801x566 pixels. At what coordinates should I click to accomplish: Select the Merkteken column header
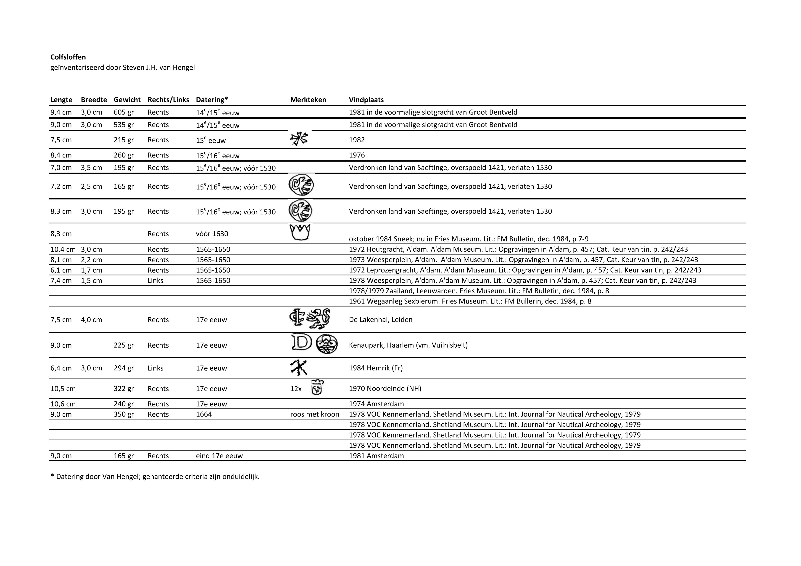[308, 100]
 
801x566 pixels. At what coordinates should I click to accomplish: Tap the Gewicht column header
[127, 100]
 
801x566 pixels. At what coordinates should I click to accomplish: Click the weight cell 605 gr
[124, 112]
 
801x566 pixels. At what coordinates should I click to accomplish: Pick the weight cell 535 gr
[124, 125]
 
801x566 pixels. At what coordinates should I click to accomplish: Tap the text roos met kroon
[314, 414]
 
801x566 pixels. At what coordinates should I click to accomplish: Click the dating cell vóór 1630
[212, 234]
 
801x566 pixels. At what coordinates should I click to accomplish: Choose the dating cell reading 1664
[204, 414]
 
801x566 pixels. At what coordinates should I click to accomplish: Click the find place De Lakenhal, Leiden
[380, 320]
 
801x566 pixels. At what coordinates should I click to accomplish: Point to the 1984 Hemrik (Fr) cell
[376, 368]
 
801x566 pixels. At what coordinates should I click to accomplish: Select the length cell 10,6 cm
[63, 404]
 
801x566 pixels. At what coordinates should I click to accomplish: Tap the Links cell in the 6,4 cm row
[155, 368]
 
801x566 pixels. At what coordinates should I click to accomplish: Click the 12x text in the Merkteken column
[296, 389]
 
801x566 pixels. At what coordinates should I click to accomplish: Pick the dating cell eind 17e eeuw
[219, 456]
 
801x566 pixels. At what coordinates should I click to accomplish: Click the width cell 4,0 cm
[91, 320]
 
